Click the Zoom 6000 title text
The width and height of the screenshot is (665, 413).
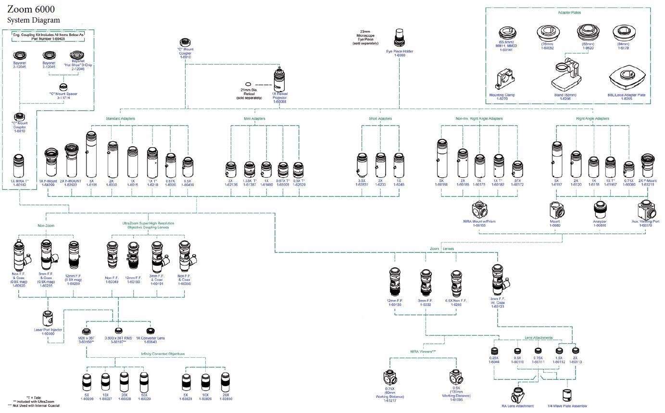click(x=31, y=9)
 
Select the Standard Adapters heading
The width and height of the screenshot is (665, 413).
click(x=120, y=118)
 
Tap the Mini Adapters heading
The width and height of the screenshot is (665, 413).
click(x=254, y=118)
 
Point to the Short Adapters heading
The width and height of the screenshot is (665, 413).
click(x=380, y=118)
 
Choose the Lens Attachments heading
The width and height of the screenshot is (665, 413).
click(x=539, y=338)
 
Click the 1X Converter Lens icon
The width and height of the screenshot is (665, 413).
click(x=151, y=331)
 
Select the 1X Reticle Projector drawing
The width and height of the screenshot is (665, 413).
click(x=279, y=79)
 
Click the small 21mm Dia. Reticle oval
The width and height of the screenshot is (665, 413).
click(x=248, y=84)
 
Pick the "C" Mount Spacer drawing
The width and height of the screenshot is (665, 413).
click(x=63, y=88)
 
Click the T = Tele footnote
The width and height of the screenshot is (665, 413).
click(x=34, y=398)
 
